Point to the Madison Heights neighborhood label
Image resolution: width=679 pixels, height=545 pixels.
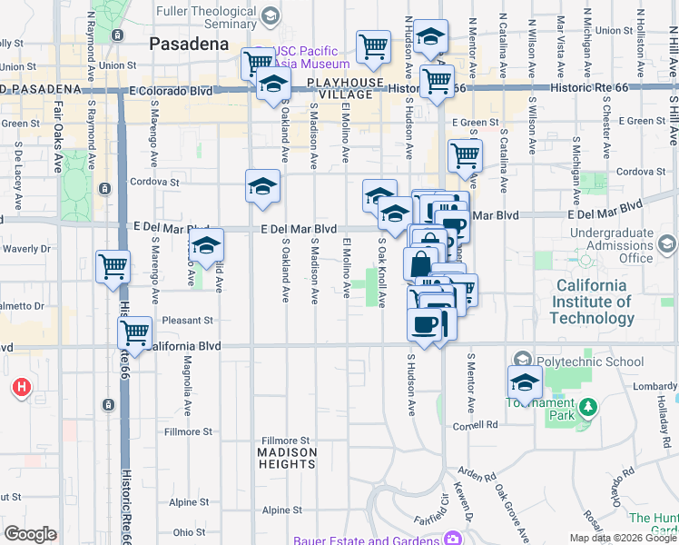[287, 458]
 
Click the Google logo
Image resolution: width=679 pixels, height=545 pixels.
[30, 534]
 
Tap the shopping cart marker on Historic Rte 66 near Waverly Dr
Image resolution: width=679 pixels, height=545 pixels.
[113, 268]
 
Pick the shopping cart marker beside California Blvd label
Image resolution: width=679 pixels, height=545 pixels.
[135, 333]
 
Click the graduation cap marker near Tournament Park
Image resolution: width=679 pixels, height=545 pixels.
[525, 383]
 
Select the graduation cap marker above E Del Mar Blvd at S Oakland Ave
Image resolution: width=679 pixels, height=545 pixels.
[262, 187]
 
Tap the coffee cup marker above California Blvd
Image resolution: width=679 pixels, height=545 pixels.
[425, 324]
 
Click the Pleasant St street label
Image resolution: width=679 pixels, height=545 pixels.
[187, 321]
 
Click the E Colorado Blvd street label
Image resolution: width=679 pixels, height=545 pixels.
[171, 92]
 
